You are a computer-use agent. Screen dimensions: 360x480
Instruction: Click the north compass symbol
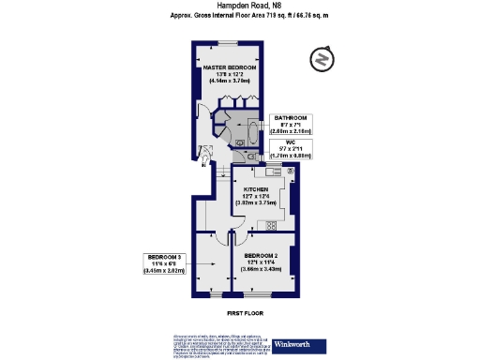tap(322, 59)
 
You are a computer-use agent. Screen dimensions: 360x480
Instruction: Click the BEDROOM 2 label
tap(261, 255)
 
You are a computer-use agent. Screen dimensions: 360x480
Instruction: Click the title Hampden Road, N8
tap(239, 6)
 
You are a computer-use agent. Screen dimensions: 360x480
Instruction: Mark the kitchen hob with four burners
tap(272, 224)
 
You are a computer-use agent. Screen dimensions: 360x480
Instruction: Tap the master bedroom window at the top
tap(230, 42)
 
